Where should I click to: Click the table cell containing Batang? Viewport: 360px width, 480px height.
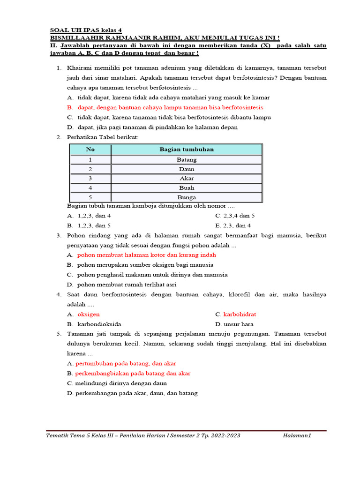point(187,160)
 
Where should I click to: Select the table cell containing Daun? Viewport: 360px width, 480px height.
point(187,169)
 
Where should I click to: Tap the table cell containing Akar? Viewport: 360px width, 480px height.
point(187,179)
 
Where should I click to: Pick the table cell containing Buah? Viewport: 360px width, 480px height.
point(187,188)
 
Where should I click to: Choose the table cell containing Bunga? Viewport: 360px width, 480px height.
point(187,197)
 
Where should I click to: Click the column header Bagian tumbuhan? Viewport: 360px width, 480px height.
point(187,150)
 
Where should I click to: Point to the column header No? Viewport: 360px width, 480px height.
point(90,150)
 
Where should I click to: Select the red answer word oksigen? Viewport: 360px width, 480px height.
point(89,315)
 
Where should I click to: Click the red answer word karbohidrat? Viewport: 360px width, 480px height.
point(240,315)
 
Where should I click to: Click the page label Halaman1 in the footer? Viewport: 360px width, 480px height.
point(297,436)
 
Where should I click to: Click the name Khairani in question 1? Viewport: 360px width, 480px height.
point(80,68)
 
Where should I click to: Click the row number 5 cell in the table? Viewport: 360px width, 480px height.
point(90,197)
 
